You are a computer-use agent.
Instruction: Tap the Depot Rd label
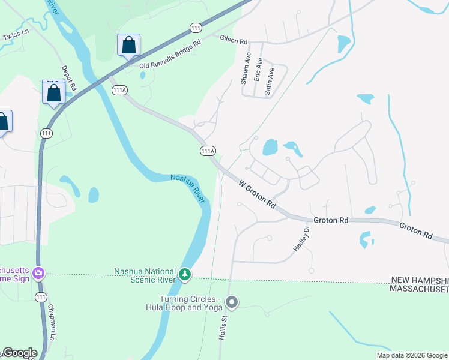click(70, 79)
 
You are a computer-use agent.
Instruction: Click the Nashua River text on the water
click(188, 187)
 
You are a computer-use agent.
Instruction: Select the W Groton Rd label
click(257, 194)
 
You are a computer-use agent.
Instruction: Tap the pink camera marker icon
click(39, 274)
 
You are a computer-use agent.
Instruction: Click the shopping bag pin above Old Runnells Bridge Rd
click(128, 45)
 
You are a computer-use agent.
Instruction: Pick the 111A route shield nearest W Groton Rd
click(208, 151)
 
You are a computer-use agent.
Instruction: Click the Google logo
click(19, 353)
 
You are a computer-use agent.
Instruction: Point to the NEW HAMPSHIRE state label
click(420, 280)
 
